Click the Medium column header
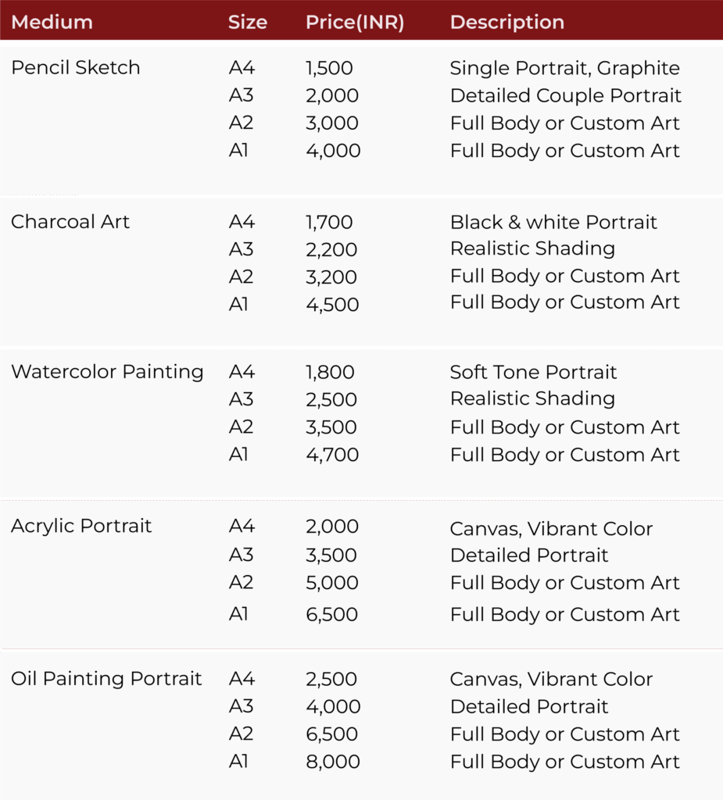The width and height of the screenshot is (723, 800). click(x=52, y=22)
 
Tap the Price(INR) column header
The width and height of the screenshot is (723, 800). click(x=355, y=22)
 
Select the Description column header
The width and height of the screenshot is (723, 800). click(x=506, y=22)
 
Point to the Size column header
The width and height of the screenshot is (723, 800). click(x=247, y=22)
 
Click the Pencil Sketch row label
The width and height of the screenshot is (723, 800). click(x=75, y=68)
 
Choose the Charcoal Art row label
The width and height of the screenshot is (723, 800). click(x=70, y=222)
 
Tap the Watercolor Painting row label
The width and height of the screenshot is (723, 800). click(x=107, y=372)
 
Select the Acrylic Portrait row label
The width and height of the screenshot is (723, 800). click(x=81, y=526)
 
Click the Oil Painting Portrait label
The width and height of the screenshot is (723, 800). click(x=106, y=679)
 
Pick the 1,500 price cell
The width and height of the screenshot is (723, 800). click(x=329, y=68)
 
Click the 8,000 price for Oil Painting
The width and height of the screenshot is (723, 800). click(x=332, y=762)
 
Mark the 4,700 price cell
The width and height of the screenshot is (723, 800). click(x=332, y=455)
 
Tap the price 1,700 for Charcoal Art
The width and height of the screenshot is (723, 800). click(x=329, y=222)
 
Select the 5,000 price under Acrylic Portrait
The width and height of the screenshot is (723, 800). click(x=332, y=583)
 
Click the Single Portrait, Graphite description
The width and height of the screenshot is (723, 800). click(x=565, y=68)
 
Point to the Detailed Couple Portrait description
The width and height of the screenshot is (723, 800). click(x=566, y=95)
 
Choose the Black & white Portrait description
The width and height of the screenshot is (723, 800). click(x=553, y=222)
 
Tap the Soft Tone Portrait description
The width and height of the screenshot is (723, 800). click(x=533, y=372)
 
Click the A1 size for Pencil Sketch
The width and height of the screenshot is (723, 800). click(x=238, y=150)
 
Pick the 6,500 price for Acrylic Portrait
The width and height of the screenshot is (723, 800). click(x=332, y=615)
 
